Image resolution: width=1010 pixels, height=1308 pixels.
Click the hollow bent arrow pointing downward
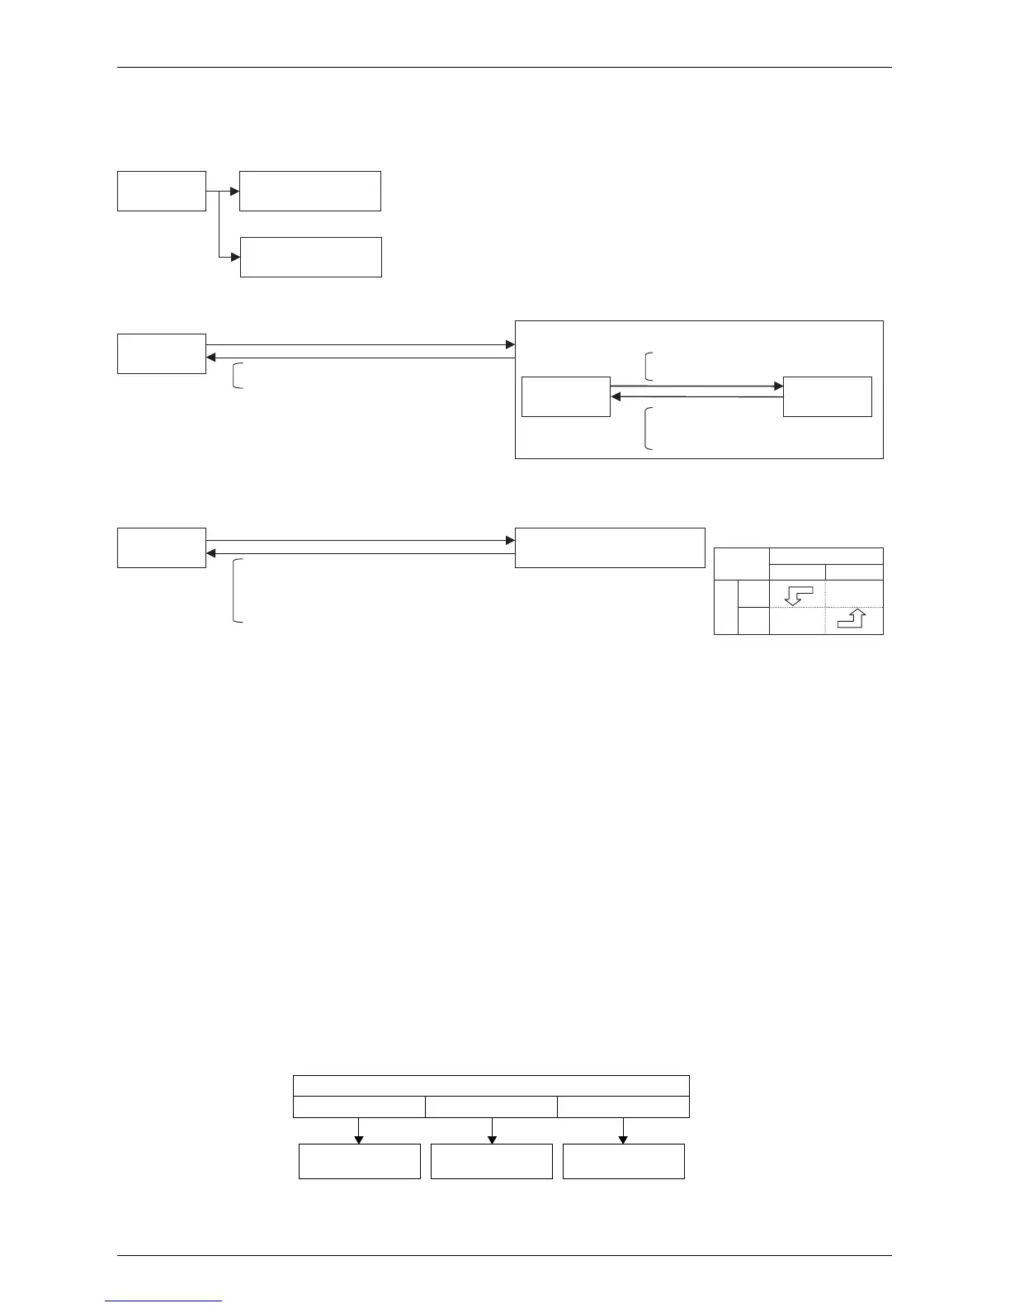[x=795, y=595]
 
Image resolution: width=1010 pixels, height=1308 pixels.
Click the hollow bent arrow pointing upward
[x=852, y=619]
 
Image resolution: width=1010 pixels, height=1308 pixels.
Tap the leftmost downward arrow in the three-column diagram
[x=359, y=1138]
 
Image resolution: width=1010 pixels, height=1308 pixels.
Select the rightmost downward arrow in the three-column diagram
[x=623, y=1138]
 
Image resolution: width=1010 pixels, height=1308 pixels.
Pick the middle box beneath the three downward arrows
[x=491, y=1161]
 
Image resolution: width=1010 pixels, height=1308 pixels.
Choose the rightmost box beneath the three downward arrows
[x=623, y=1161]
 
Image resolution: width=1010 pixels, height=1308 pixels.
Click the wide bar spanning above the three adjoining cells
[x=491, y=1086]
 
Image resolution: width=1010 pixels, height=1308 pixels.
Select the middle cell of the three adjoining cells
[x=491, y=1107]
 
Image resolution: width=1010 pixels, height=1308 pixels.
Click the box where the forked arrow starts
[x=161, y=191]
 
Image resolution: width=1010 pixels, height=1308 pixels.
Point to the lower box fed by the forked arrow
[x=310, y=257]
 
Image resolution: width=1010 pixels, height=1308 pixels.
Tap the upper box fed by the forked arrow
[x=309, y=191]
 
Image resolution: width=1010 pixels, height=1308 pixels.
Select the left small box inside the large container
[x=566, y=396]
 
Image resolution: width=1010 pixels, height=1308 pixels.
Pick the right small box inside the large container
[x=827, y=396]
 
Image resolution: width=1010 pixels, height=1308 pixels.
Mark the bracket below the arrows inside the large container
[x=648, y=429]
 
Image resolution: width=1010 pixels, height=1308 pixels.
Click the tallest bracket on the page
[x=238, y=590]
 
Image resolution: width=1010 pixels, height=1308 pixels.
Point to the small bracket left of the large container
[x=238, y=376]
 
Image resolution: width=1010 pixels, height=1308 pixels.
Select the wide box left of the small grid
[x=610, y=547]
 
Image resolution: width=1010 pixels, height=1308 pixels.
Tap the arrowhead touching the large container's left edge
[x=509, y=344]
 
